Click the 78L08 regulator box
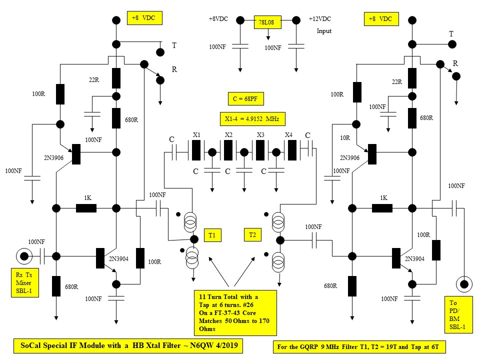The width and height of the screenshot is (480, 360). [268, 23]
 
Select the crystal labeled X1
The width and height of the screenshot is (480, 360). [196, 149]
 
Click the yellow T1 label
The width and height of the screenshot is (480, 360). [211, 234]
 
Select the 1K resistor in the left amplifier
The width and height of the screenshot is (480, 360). [86, 208]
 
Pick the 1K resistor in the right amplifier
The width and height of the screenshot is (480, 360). [382, 208]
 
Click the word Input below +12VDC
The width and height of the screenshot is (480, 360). [324, 31]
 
